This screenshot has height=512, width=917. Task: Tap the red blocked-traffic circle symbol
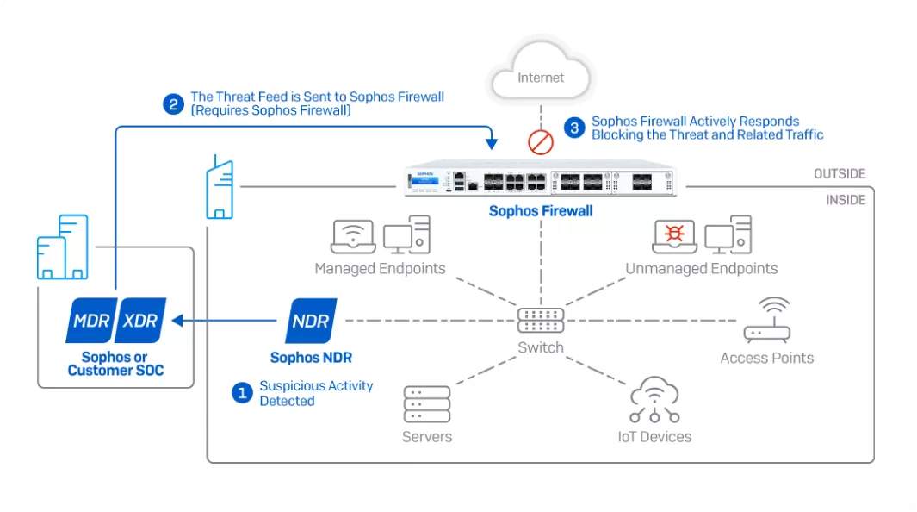[x=541, y=141]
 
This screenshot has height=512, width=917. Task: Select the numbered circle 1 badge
[x=242, y=393]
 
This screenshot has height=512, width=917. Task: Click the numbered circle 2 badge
[x=173, y=104]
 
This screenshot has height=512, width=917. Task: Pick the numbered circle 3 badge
[x=574, y=128]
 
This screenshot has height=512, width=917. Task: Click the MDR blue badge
[x=90, y=321]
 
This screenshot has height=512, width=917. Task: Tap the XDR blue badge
[x=140, y=321]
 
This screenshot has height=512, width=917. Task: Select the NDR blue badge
[x=311, y=321]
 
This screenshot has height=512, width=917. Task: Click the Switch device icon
[x=541, y=321]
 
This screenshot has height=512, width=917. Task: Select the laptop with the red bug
[x=674, y=236]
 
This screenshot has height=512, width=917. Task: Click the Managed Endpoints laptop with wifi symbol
[x=353, y=236]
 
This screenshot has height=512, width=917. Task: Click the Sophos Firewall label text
[x=541, y=211]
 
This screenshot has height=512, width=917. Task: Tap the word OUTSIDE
[x=840, y=174]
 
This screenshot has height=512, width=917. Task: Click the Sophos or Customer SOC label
[x=115, y=364]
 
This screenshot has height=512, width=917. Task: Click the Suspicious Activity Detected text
[x=316, y=393]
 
